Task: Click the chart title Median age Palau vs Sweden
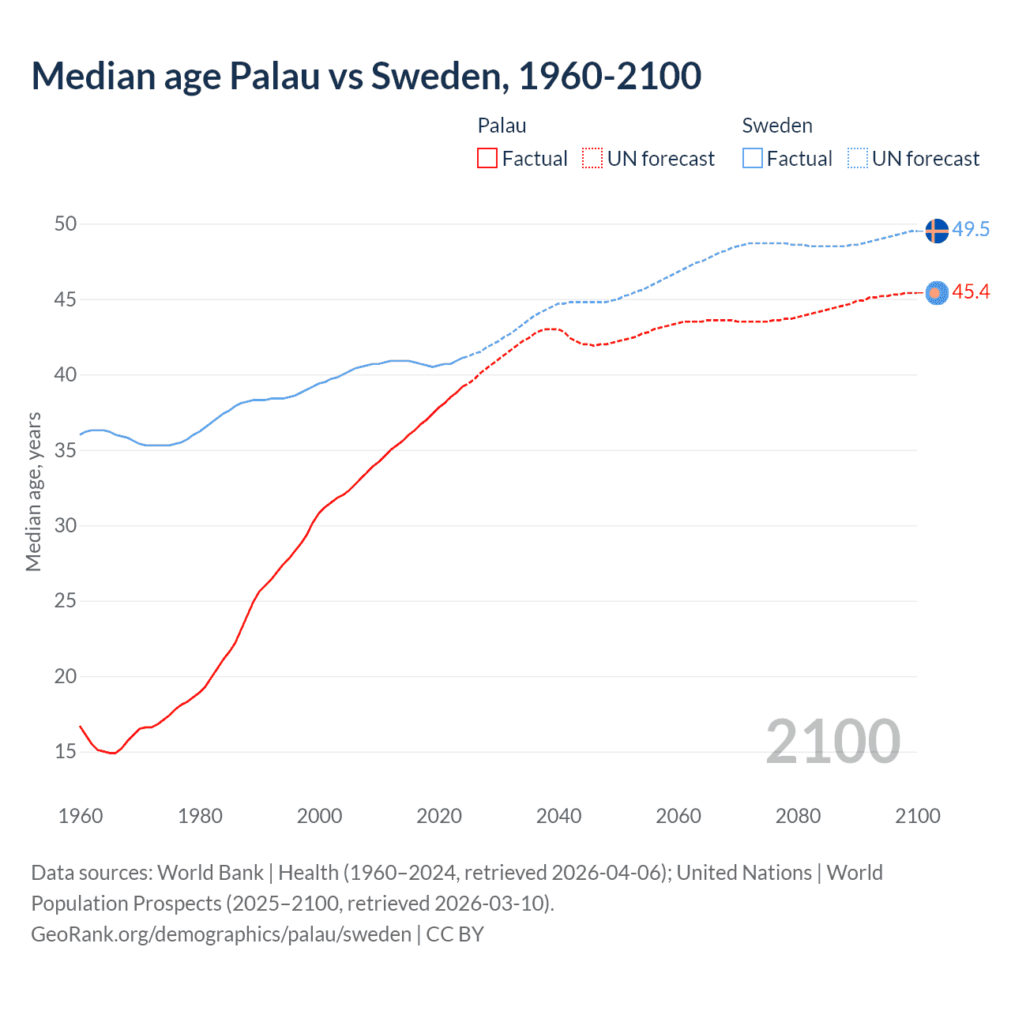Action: (366, 76)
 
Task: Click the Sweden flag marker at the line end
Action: (936, 231)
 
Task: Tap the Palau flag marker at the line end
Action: (936, 293)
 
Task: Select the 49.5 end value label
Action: (971, 230)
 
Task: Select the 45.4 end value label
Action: (971, 292)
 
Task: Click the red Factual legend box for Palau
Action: (487, 159)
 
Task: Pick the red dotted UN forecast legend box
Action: (592, 159)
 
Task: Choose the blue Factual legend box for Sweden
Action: (753, 159)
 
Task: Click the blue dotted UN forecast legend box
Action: (858, 159)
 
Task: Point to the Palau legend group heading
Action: (502, 126)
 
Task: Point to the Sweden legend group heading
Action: (777, 126)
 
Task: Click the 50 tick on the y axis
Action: (66, 224)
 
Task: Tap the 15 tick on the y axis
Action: (66, 752)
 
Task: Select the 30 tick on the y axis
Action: (66, 526)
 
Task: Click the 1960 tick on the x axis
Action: (81, 816)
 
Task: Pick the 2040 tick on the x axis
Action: (558, 816)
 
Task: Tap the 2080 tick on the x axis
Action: (798, 816)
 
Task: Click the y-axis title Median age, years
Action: (33, 491)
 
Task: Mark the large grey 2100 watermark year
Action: (832, 742)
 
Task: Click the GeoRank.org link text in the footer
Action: (221, 934)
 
